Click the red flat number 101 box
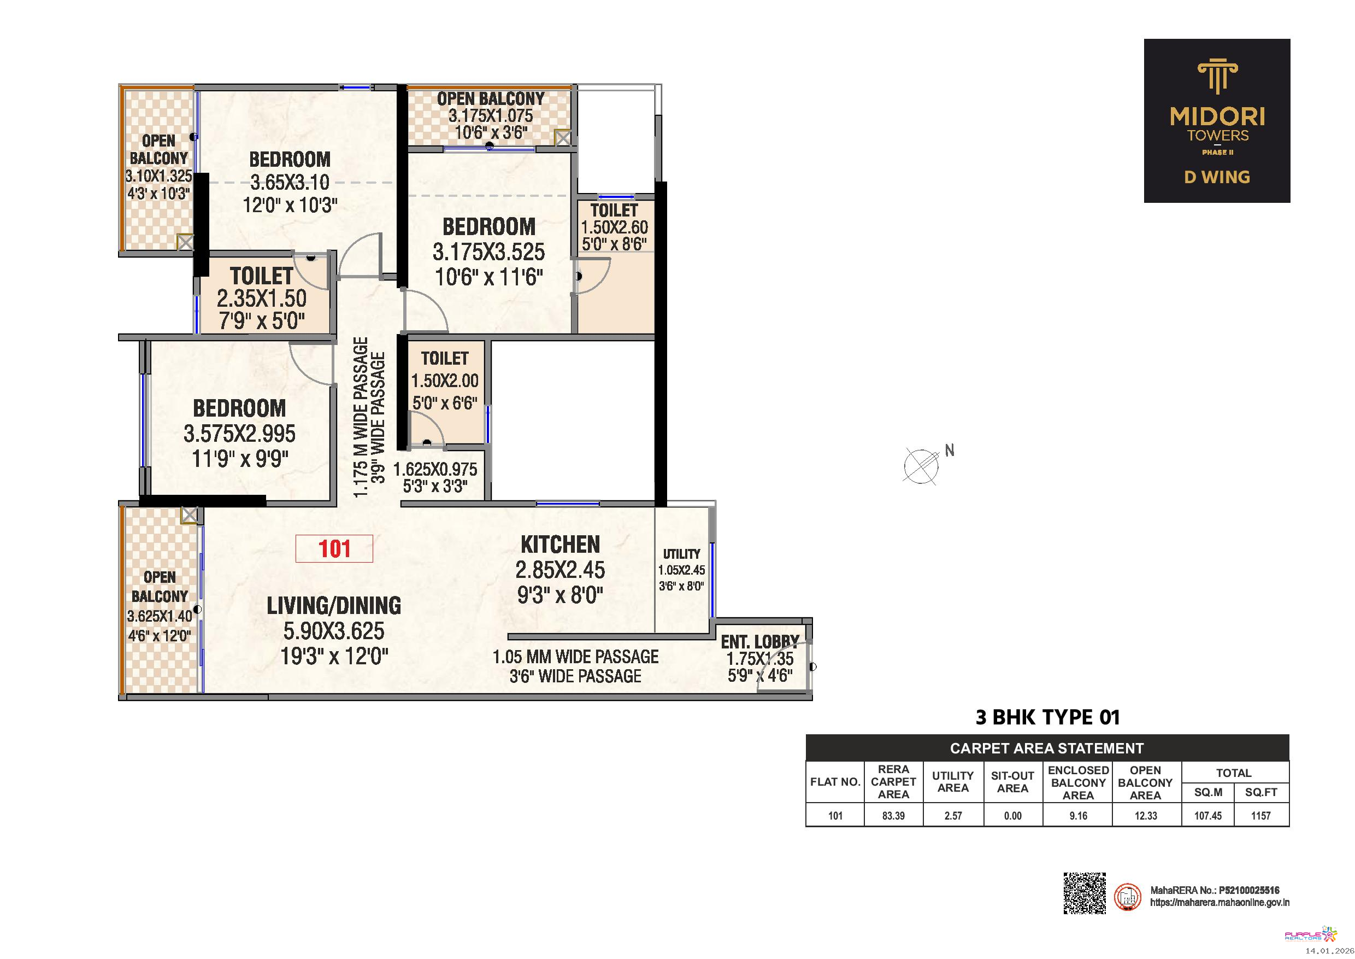[334, 548]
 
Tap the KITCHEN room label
[560, 545]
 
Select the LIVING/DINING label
[334, 606]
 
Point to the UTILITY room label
[682, 554]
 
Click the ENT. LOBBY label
[759, 641]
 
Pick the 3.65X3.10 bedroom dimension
[290, 182]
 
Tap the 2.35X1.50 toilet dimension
[262, 298]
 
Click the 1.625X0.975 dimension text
[435, 470]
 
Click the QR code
[1085, 893]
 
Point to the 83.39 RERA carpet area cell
[893, 816]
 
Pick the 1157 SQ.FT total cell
[1261, 816]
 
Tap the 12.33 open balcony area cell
[1146, 816]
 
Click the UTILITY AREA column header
[953, 782]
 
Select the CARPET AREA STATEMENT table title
[1047, 748]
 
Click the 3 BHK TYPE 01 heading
[1047, 717]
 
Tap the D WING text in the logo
[1217, 177]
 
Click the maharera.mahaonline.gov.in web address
[1220, 903]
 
